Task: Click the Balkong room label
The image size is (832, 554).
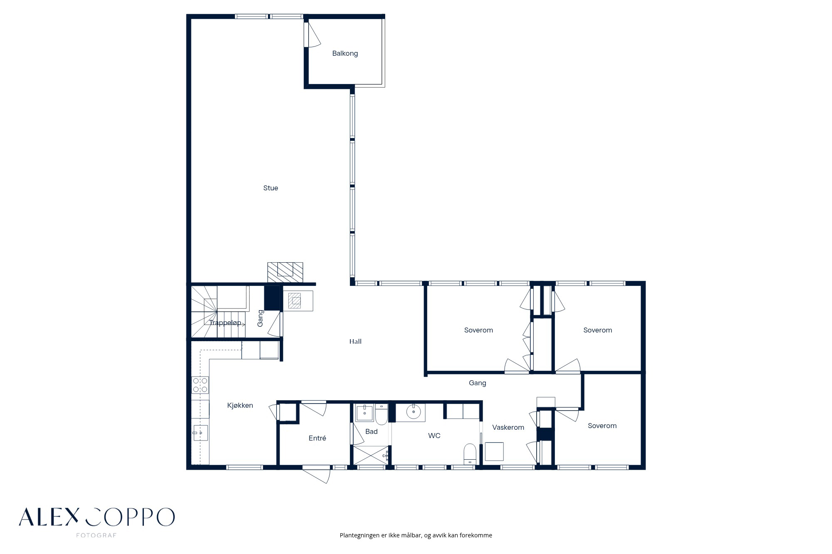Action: pos(345,54)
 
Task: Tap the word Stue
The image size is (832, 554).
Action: pos(270,188)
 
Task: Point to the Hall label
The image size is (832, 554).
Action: pos(355,342)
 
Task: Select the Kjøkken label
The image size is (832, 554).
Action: pos(240,406)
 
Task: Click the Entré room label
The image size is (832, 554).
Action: pos(317,438)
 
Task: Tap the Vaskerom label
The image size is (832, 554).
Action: pos(508,427)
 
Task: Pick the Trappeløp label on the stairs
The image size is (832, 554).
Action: pos(225,323)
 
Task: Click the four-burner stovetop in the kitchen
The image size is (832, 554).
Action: pos(200,385)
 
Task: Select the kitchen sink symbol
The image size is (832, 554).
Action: pos(200,433)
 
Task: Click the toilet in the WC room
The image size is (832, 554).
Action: pos(470,454)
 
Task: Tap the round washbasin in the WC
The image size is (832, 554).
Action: pos(414,412)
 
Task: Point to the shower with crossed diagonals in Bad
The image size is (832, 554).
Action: pos(370,455)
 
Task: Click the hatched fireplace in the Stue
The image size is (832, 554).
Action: pos(285,272)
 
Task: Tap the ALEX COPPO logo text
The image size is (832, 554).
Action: pos(97,517)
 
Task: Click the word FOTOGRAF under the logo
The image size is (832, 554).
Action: pos(97,535)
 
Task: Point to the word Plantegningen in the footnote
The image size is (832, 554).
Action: pos(359,535)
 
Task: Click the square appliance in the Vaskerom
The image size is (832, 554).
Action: pos(494,452)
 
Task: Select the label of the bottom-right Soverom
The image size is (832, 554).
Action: pos(602,426)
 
